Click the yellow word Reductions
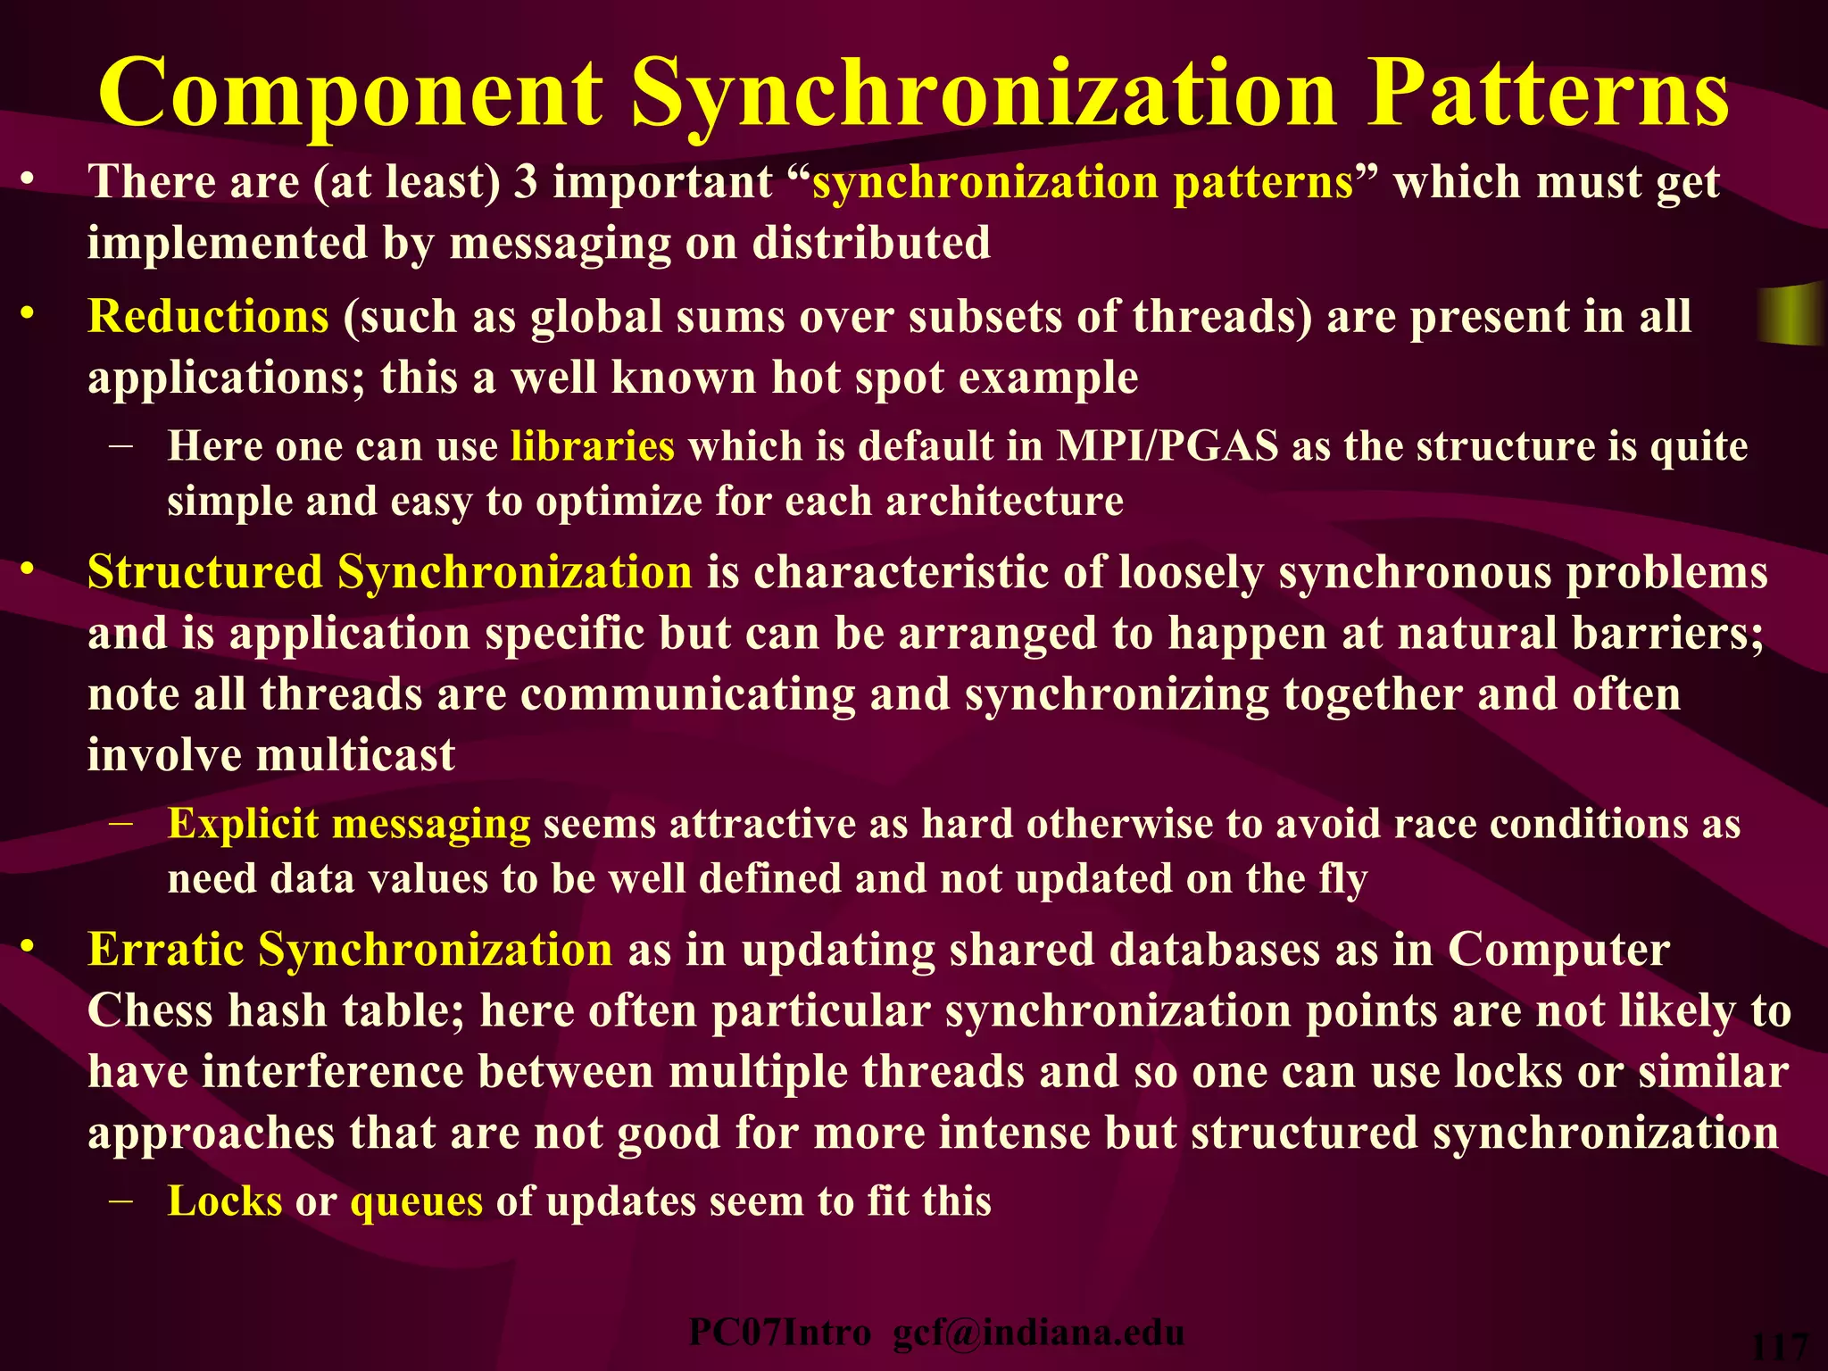coord(208,316)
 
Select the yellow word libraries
coord(592,445)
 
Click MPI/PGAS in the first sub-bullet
coord(1167,445)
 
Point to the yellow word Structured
coord(204,572)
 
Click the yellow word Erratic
coord(165,949)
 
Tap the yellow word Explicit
coord(243,823)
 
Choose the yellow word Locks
coord(225,1201)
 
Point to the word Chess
coord(150,1011)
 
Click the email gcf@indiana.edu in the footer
coord(1038,1333)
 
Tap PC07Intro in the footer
coord(779,1333)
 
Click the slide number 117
coord(1780,1349)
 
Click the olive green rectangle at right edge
coord(1791,314)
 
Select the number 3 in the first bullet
coord(526,181)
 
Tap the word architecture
coord(1004,501)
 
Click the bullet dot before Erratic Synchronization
coord(28,944)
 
